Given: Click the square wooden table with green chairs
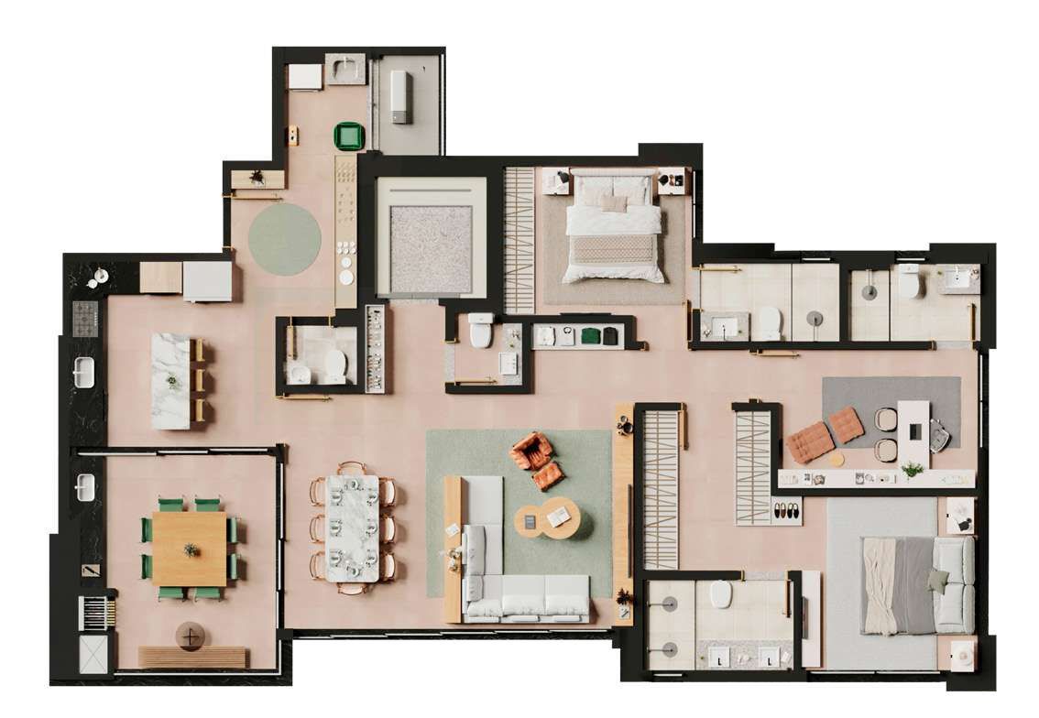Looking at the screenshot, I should (x=190, y=548).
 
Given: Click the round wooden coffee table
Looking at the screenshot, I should (x=547, y=521).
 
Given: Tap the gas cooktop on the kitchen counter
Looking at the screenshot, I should (x=85, y=317).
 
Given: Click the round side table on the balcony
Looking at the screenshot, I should (x=191, y=636).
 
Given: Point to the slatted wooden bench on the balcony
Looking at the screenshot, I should (x=191, y=658).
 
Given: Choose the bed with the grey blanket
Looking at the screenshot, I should (x=916, y=585).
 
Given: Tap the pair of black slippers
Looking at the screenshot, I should (x=787, y=513).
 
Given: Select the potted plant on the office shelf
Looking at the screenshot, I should (x=912, y=470).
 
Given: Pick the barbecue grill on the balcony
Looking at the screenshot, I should (x=96, y=612).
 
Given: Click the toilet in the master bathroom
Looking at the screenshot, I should (x=721, y=596).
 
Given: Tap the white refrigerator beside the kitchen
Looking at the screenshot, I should (x=207, y=280).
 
